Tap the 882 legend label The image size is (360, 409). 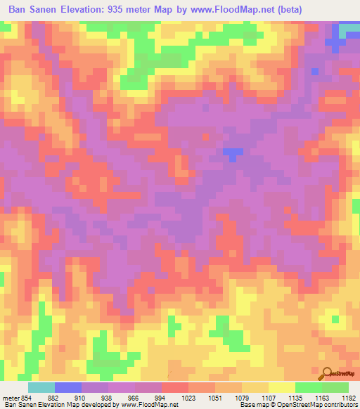[x=62, y=397]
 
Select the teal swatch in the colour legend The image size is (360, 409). [x=41, y=387]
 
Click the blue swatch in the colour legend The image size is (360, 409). [x=68, y=387]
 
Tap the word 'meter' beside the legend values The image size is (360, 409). [x=10, y=397]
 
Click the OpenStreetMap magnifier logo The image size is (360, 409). [x=327, y=374]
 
